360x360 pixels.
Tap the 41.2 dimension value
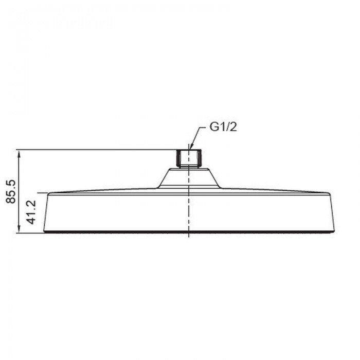(x=32, y=212)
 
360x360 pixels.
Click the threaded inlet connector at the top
(x=189, y=158)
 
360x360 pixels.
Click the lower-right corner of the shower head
(x=336, y=232)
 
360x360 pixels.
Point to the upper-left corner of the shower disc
(x=49, y=194)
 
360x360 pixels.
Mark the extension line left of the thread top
(x=98, y=150)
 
